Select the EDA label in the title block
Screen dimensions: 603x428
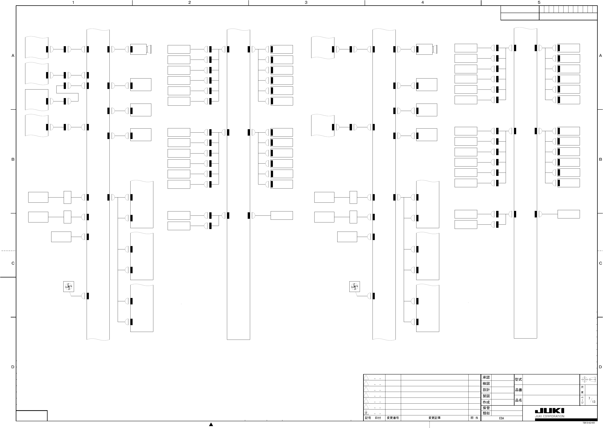pyautogui.click(x=501, y=418)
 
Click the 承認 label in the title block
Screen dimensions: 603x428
pyautogui.click(x=486, y=377)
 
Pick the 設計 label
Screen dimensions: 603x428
pyautogui.click(x=486, y=390)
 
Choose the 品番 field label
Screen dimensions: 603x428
pyautogui.click(x=518, y=390)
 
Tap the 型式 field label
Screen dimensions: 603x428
pyautogui.click(x=518, y=380)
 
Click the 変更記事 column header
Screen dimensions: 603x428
pyautogui.click(x=434, y=418)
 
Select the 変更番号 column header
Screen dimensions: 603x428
pyautogui.click(x=393, y=418)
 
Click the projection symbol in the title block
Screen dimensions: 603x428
pyautogui.click(x=589, y=380)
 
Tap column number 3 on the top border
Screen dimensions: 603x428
pyautogui.click(x=306, y=3)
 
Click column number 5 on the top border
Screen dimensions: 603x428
pyautogui.click(x=539, y=3)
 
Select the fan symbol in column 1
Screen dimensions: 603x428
pyautogui.click(x=69, y=286)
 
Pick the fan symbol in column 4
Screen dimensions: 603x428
pyautogui.click(x=354, y=286)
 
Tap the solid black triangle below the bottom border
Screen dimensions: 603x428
pyautogui.click(x=211, y=424)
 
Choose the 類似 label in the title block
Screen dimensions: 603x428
pyautogui.click(x=486, y=413)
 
